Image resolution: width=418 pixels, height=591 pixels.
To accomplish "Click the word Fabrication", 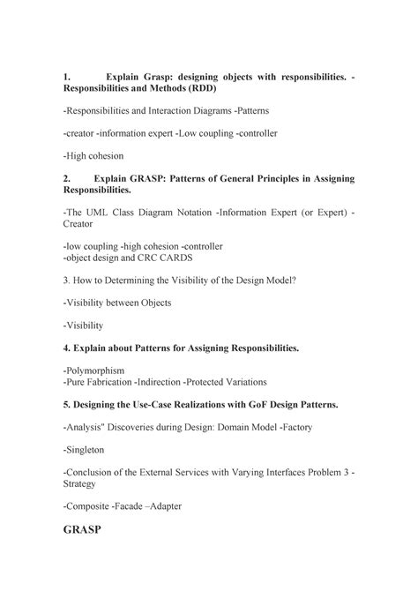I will tap(109, 382).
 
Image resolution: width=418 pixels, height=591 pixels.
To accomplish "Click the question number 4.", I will tap(67, 348).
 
